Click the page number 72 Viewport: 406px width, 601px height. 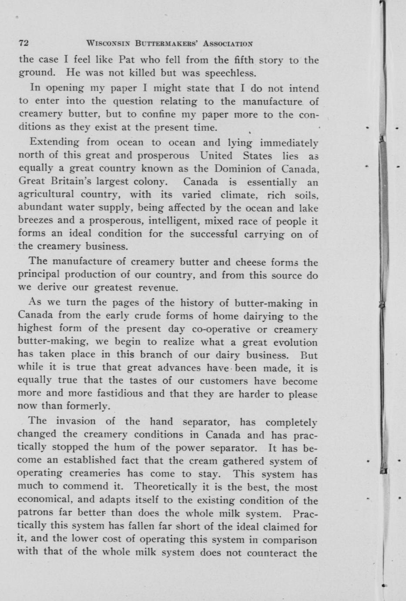click(23, 43)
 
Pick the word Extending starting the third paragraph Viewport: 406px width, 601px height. click(54, 142)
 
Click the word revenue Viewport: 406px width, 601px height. click(158, 288)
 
